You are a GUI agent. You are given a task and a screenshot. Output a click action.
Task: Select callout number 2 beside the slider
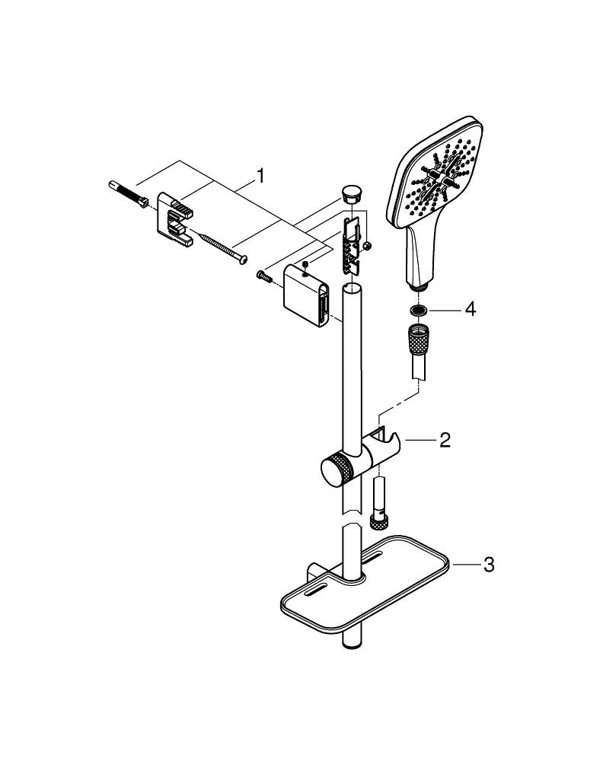coord(444,439)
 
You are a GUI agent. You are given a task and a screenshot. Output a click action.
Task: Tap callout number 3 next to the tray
coord(489,565)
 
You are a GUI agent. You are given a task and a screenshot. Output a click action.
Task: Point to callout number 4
coord(470,310)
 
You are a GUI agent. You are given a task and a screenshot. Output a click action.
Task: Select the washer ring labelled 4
coord(417,310)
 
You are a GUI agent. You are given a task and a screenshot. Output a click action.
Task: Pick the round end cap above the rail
coord(351,192)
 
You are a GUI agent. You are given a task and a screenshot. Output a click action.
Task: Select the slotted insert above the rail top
coord(350,244)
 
